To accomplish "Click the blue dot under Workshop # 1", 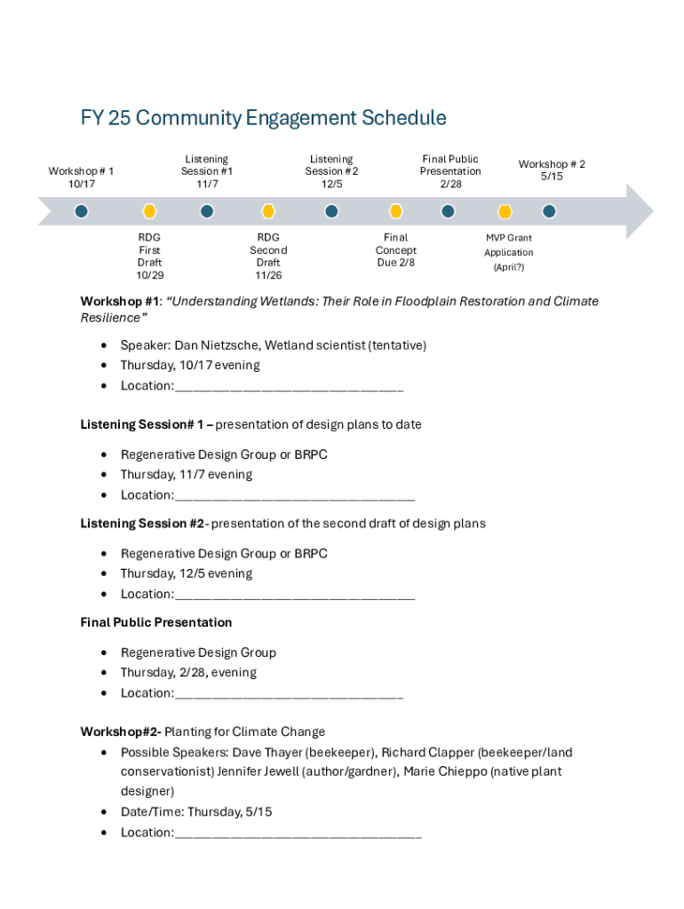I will click(82, 211).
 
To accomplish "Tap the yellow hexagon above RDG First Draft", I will click(150, 211).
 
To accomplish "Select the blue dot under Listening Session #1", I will click(207, 211).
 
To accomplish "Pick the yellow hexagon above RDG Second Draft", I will click(268, 211).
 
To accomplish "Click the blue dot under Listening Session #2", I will click(331, 211).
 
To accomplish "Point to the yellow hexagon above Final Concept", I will click(396, 211).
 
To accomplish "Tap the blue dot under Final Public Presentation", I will click(449, 211).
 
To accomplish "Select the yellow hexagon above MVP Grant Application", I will click(505, 211).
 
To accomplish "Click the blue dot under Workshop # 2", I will click(549, 211).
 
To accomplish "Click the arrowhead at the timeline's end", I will click(640, 211).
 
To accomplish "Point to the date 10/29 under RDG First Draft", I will click(150, 275).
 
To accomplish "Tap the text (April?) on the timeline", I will click(509, 267).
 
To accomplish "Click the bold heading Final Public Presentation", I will click(156, 622).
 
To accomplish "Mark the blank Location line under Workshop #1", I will click(289, 386).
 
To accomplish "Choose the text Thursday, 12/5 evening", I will click(187, 573).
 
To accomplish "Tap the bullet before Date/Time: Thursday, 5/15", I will click(105, 812).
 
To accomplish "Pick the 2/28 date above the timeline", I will click(450, 184).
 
